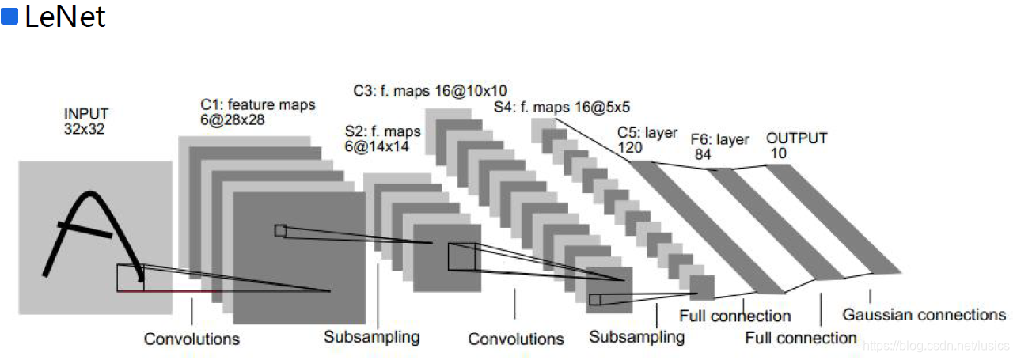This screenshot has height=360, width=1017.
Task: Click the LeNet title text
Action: click(65, 17)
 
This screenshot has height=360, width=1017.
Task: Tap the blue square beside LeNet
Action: click(10, 17)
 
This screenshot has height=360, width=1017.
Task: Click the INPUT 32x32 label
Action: click(86, 120)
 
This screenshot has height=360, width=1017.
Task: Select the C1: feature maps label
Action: click(258, 112)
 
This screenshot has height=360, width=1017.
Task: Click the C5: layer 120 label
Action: click(647, 140)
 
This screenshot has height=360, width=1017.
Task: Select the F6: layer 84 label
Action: click(719, 146)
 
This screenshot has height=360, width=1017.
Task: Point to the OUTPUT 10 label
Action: click(796, 146)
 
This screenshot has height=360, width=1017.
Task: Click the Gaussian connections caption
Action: click(924, 315)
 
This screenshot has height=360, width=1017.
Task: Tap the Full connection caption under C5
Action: click(734, 316)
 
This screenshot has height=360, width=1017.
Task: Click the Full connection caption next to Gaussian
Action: click(801, 338)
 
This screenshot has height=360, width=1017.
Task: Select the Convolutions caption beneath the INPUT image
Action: click(192, 339)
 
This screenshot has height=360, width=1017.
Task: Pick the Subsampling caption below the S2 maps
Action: click(371, 336)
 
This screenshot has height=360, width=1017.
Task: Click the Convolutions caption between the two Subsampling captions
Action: click(516, 339)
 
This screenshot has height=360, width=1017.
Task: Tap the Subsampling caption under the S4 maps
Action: click(636, 336)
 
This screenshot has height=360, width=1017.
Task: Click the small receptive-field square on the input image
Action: click(130, 278)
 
